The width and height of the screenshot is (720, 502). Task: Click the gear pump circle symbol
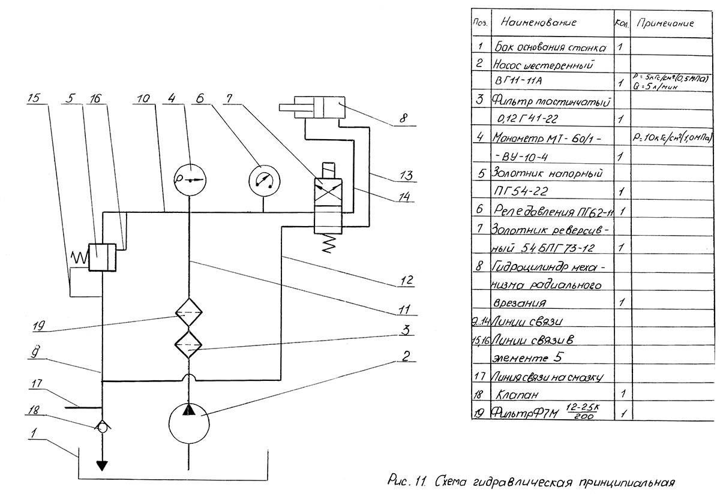tap(189, 423)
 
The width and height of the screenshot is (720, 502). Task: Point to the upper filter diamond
tap(189, 313)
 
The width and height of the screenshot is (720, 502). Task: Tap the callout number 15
tap(37, 98)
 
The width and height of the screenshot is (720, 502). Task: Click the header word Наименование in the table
tap(538, 23)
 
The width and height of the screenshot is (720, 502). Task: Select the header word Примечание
tap(664, 24)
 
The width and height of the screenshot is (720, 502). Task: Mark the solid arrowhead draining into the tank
tap(103, 465)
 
